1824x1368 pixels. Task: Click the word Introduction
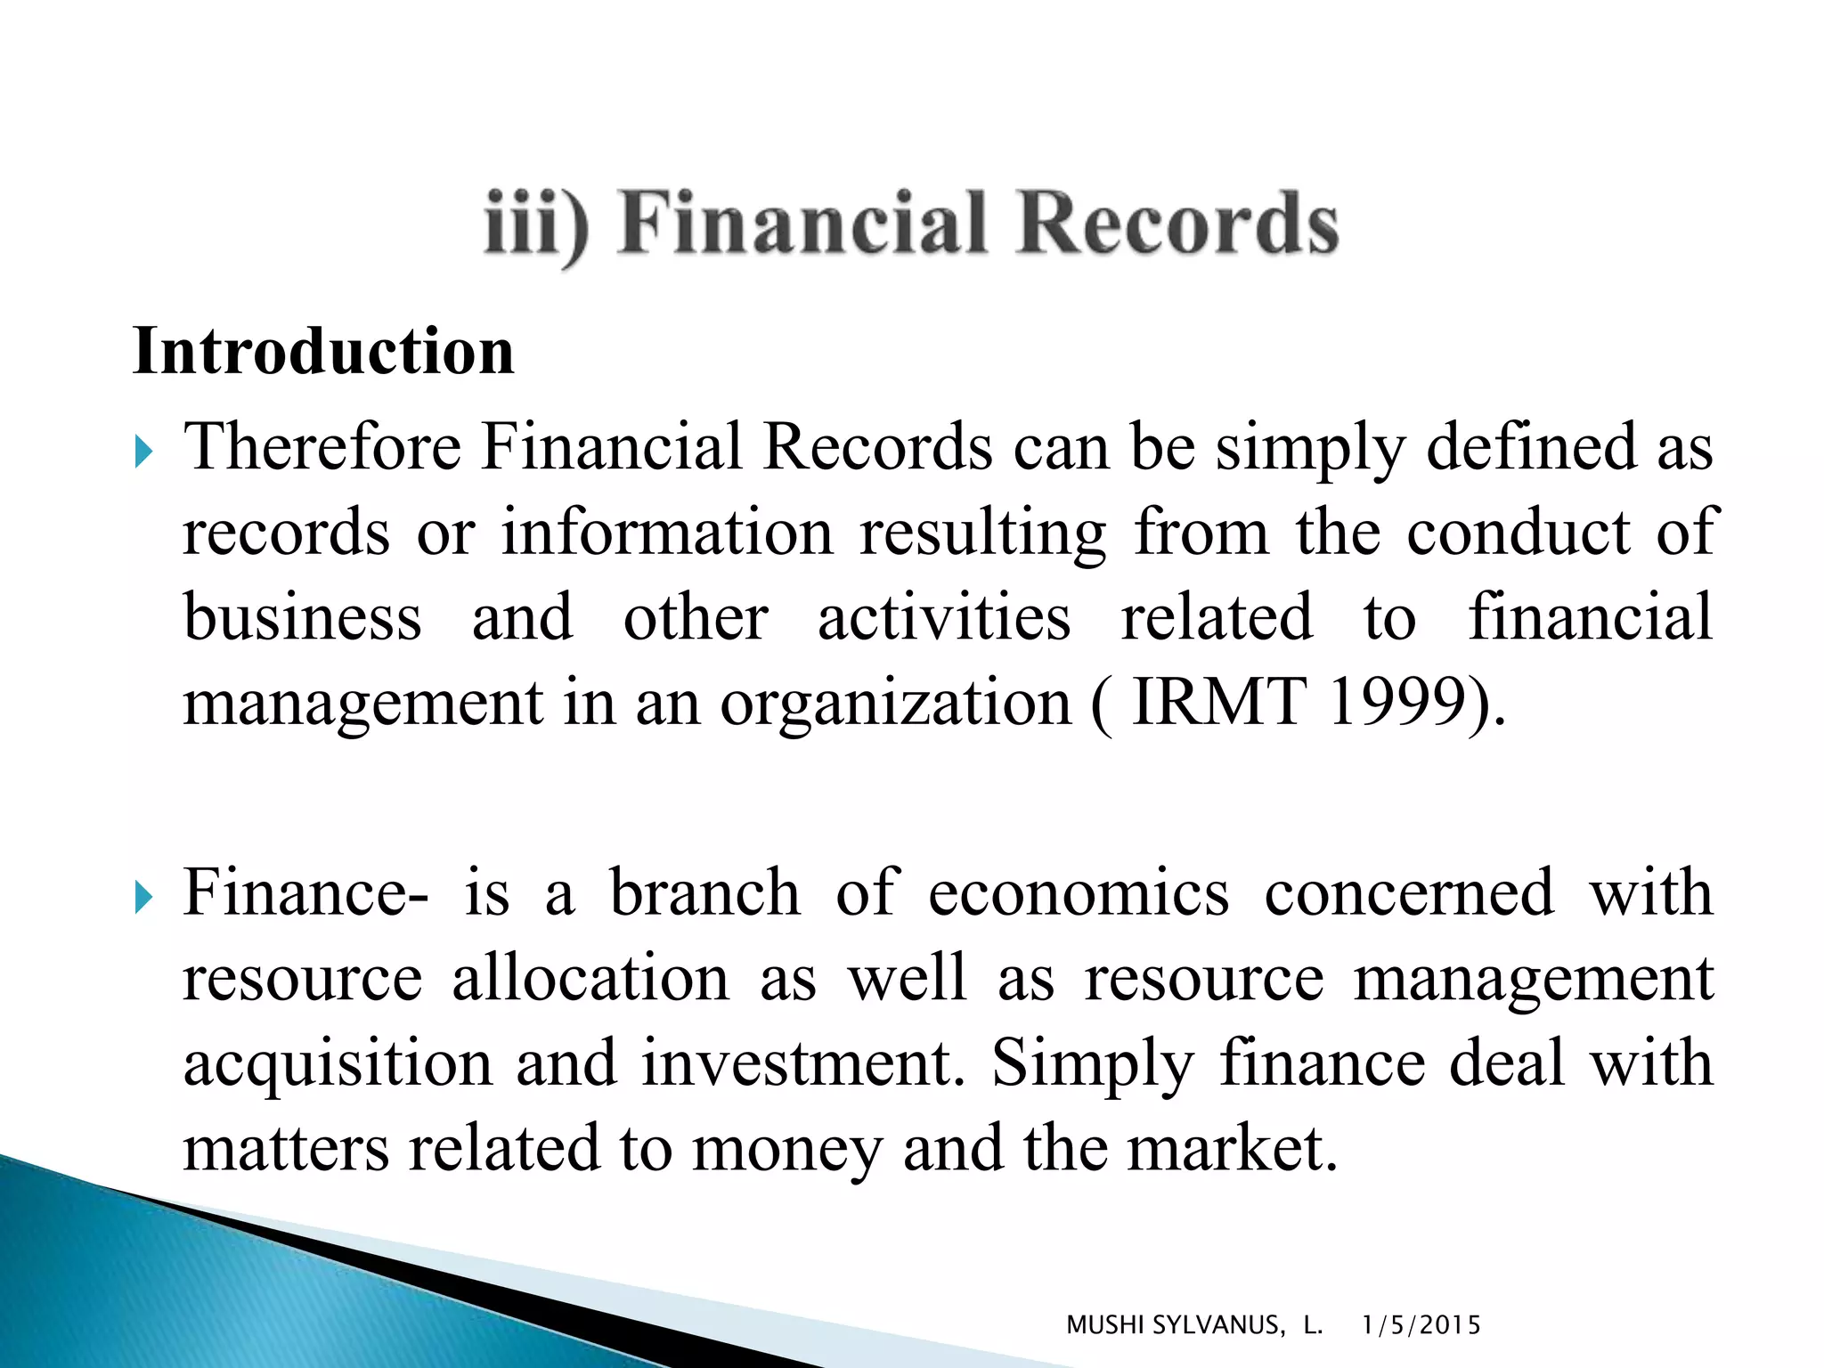pyautogui.click(x=323, y=352)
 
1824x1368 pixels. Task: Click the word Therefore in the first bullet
pyautogui.click(x=322, y=446)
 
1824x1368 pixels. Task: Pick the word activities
pyautogui.click(x=944, y=617)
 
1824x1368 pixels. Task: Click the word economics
pyautogui.click(x=1079, y=892)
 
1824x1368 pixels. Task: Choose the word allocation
pyautogui.click(x=590, y=978)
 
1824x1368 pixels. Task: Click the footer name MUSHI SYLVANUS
pyautogui.click(x=1176, y=1325)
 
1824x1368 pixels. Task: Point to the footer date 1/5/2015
pyautogui.click(x=1421, y=1325)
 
